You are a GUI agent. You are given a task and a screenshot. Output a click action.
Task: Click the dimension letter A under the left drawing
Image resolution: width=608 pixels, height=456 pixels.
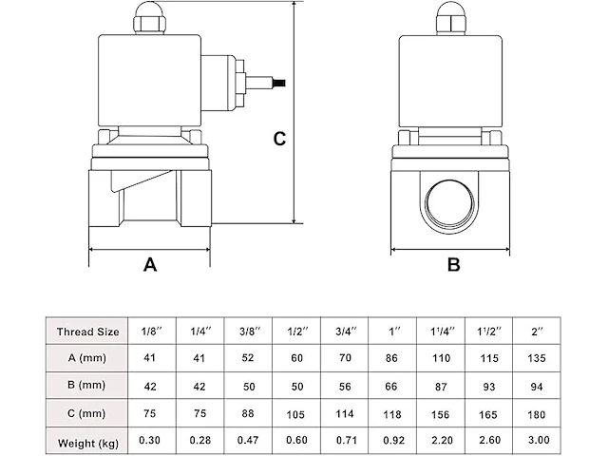coord(149,266)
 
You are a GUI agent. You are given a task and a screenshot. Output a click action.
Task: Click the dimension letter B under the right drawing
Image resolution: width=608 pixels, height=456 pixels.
coord(454,266)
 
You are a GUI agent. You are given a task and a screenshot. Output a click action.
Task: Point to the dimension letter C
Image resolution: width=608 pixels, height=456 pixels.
coord(278,139)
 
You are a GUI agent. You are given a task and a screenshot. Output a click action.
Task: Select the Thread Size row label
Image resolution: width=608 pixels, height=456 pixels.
coord(87,332)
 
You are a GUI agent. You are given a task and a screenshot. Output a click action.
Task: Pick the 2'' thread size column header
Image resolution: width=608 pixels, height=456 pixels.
coord(538,332)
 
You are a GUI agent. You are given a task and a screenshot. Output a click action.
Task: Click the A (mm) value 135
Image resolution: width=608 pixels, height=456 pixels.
coord(538,359)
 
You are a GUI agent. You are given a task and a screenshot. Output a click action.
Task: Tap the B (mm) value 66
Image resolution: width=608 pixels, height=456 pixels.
coord(392,387)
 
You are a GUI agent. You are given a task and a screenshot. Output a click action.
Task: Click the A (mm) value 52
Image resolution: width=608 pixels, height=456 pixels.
coord(247,359)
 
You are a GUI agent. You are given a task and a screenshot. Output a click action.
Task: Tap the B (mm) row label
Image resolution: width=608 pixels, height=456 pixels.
coord(87,387)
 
